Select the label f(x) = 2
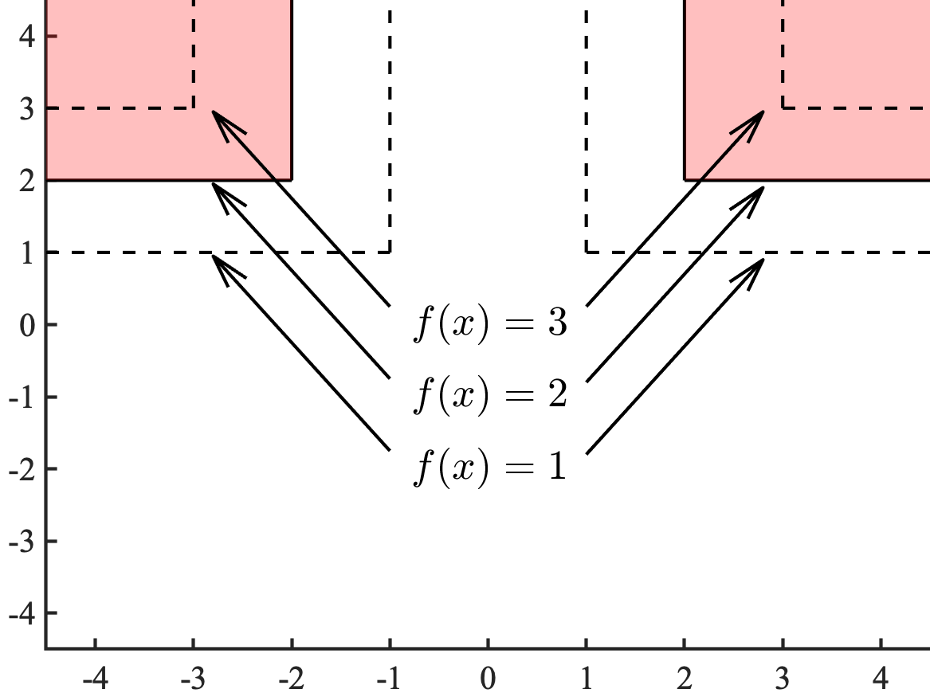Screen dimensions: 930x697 point(489,396)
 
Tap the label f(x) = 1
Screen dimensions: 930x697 point(489,468)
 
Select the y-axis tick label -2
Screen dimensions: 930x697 point(21,468)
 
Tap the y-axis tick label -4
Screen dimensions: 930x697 point(21,613)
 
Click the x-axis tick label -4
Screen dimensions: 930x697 point(95,678)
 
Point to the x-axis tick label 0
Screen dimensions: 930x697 point(488,678)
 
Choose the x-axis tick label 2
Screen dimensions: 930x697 point(685,678)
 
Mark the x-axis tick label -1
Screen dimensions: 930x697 point(389,678)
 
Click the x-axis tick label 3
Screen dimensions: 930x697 point(783,678)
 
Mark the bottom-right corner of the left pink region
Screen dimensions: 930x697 point(292,180)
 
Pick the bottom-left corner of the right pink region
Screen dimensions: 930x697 point(685,180)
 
